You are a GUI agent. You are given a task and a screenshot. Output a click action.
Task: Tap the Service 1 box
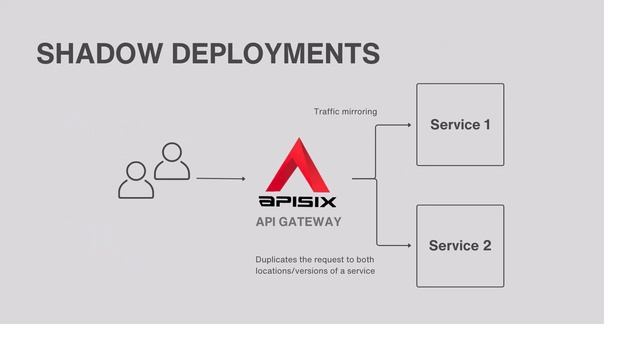(x=460, y=125)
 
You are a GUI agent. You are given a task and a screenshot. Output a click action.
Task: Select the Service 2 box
(x=460, y=246)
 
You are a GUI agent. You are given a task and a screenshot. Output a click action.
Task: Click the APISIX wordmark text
(x=298, y=203)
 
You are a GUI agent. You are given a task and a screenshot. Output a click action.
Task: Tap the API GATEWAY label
(x=298, y=222)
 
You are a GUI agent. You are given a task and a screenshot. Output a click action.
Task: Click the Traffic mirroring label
(x=345, y=111)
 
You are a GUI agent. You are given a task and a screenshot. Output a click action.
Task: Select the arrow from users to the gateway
(x=220, y=179)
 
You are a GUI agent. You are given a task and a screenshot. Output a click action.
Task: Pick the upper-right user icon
(x=172, y=160)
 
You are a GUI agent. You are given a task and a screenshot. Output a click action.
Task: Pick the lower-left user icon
(x=136, y=180)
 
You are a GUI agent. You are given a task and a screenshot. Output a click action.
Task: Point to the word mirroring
(x=359, y=111)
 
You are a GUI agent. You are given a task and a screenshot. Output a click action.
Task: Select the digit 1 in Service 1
(x=486, y=125)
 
